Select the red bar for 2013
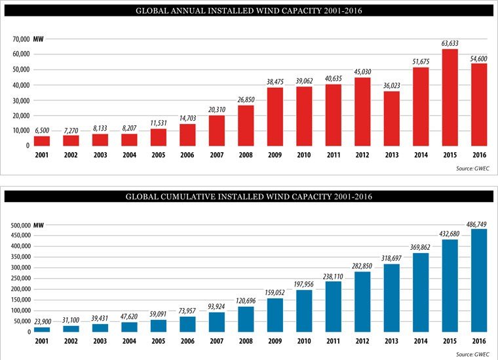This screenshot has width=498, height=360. tap(391, 118)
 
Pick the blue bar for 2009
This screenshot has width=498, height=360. tap(275, 315)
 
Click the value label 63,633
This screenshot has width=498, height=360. tap(450, 44)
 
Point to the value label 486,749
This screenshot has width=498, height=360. tap(478, 224)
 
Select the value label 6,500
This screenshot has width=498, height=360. tap(42, 131)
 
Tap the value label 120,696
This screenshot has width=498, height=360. tap(246, 301)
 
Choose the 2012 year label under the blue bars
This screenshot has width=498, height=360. tap(362, 341)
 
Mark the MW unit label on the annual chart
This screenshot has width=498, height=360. tap(38, 39)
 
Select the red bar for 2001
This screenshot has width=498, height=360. tap(42, 140)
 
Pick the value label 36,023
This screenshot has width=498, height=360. tap(391, 85)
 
